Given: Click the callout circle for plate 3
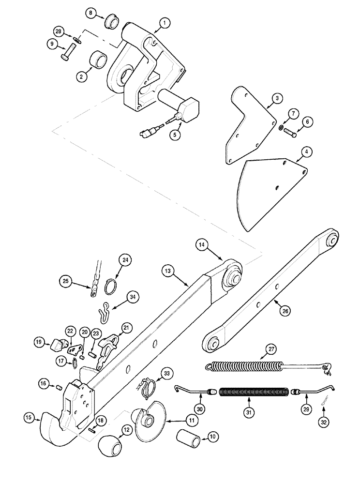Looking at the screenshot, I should coord(276,99).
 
